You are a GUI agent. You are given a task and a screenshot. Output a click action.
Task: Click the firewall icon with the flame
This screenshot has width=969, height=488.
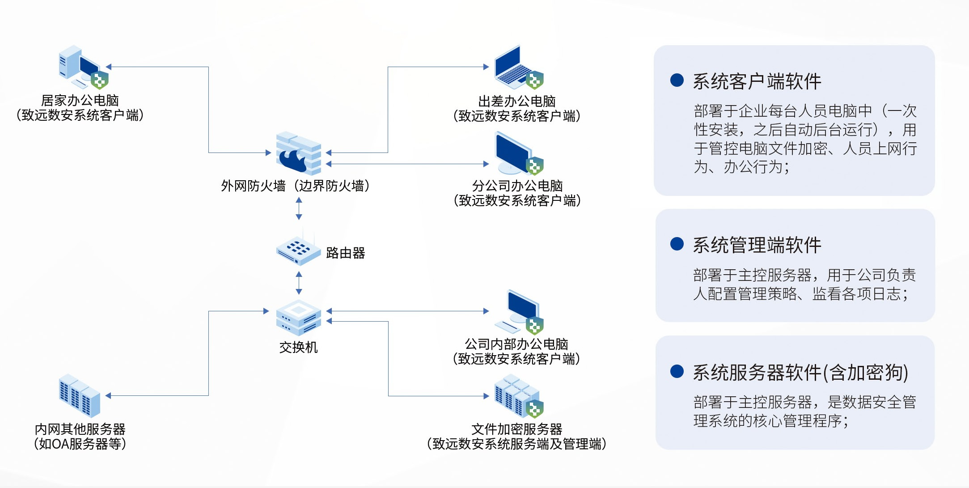click(x=298, y=153)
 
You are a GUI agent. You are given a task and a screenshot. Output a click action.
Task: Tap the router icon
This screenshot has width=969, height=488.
click(x=298, y=250)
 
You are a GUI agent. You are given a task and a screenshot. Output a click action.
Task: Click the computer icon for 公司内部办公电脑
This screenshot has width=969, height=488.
click(x=519, y=312)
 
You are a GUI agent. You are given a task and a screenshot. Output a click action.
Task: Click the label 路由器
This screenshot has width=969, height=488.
click(x=346, y=253)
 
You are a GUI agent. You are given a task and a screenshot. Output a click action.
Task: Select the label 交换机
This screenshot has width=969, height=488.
click(x=298, y=348)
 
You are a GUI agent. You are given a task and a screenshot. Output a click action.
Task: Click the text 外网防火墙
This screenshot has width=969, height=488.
click(x=253, y=186)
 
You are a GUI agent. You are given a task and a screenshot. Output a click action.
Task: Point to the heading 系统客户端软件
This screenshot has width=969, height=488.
click(x=757, y=81)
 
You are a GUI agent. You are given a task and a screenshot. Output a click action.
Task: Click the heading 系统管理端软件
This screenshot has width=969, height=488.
click(x=757, y=245)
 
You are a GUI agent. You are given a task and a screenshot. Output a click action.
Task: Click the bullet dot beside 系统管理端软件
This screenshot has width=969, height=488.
click(x=677, y=244)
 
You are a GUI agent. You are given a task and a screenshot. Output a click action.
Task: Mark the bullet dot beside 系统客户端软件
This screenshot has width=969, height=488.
click(x=677, y=81)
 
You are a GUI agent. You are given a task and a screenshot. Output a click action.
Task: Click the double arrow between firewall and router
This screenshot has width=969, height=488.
click(x=299, y=208)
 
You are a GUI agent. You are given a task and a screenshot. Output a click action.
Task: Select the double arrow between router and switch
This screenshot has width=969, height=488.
click(x=299, y=283)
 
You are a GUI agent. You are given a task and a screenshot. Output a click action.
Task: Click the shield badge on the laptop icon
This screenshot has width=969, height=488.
click(x=534, y=80)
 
